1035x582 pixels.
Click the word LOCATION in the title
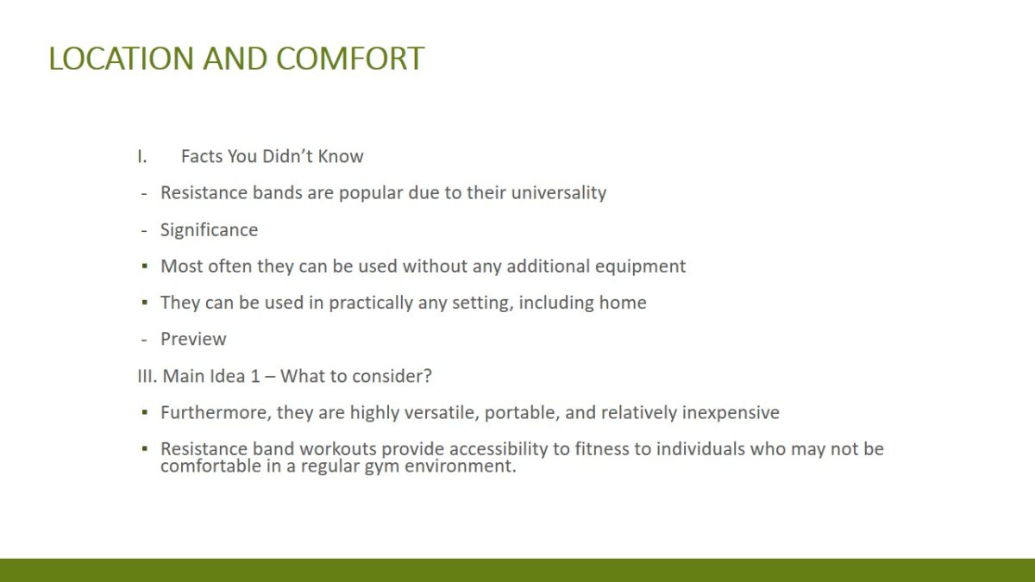[x=121, y=59]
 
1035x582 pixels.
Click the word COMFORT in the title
[x=350, y=59]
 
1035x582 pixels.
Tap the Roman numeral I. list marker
[x=141, y=157]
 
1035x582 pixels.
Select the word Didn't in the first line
[x=287, y=157]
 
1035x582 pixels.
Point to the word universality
[x=559, y=193]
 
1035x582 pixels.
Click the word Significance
[x=209, y=230]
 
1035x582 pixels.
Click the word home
[x=623, y=303]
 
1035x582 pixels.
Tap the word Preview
[x=193, y=339]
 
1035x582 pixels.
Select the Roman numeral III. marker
[x=147, y=376]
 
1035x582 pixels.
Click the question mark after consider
[x=428, y=376]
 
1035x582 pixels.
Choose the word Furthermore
[x=216, y=412]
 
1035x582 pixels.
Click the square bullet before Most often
[x=145, y=266]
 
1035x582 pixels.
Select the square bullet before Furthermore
[x=145, y=412]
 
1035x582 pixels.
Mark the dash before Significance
[x=144, y=230]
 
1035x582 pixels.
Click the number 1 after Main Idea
[x=255, y=376]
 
